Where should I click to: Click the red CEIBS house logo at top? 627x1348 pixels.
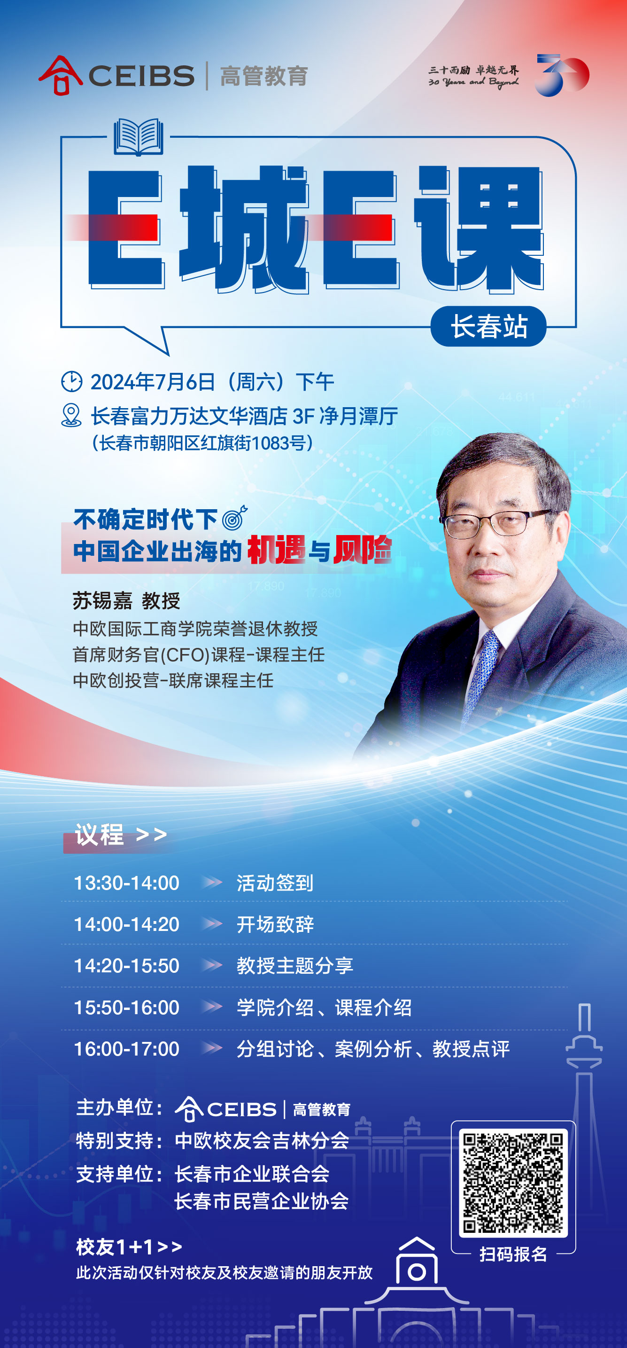tap(60, 76)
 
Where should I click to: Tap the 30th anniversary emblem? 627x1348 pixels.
tap(562, 75)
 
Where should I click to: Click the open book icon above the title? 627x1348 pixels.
tap(139, 137)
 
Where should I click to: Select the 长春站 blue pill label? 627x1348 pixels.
tap(488, 326)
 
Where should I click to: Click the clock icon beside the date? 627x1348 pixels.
tap(72, 381)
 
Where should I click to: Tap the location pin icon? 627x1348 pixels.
tap(71, 415)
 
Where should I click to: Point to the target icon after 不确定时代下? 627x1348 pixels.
tap(235, 518)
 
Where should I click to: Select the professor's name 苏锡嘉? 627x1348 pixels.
tap(102, 601)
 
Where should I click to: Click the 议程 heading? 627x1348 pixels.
tap(100, 834)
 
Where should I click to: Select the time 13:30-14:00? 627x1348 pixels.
tap(126, 883)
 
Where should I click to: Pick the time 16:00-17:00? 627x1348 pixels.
tap(126, 1048)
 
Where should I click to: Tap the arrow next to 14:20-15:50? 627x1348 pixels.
tap(212, 965)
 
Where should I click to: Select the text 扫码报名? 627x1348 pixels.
tap(513, 1254)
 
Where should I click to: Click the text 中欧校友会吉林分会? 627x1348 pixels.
tap(262, 1140)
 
